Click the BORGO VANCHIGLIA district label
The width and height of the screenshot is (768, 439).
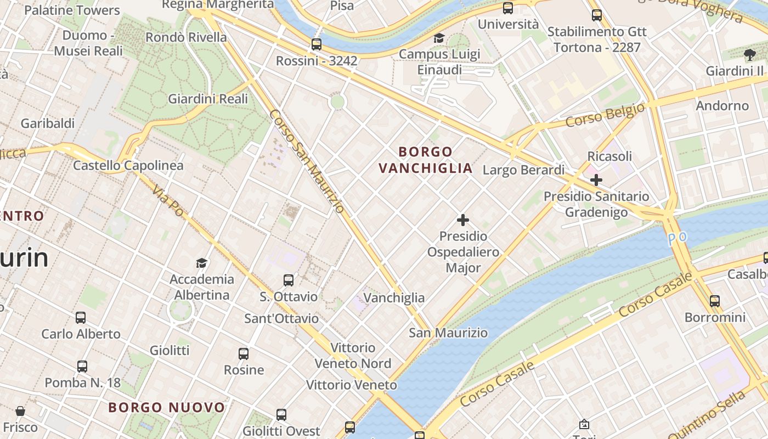click(x=426, y=160)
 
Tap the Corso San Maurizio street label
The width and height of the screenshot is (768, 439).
click(x=307, y=161)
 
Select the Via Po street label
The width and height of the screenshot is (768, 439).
click(x=168, y=200)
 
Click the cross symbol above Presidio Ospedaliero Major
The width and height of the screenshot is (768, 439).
click(x=463, y=220)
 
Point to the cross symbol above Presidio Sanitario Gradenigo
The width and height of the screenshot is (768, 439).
click(x=596, y=179)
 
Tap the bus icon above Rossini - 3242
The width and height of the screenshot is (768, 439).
click(x=317, y=44)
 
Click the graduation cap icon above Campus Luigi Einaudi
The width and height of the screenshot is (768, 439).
click(x=439, y=38)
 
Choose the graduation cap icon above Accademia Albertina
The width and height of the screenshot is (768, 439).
click(x=202, y=263)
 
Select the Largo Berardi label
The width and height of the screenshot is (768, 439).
click(x=523, y=170)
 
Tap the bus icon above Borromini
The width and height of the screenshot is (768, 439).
click(x=715, y=301)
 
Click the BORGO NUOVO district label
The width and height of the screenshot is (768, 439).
click(x=167, y=407)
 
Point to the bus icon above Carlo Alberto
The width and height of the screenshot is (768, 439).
click(x=81, y=317)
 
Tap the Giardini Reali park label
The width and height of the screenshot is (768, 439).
click(x=208, y=99)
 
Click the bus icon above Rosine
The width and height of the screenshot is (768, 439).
click(x=244, y=354)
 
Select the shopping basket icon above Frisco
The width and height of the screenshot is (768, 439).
click(x=20, y=411)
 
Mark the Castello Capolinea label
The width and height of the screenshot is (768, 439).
click(x=128, y=165)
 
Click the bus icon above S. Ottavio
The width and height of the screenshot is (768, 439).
click(x=289, y=280)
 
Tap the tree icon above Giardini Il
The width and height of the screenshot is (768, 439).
click(x=750, y=54)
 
